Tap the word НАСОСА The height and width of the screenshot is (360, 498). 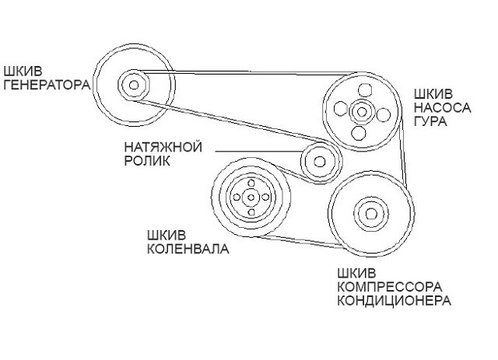point(441,107)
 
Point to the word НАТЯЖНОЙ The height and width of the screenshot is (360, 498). point(163,147)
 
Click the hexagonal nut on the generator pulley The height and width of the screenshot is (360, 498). point(134,82)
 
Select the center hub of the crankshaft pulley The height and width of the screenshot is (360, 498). point(251,197)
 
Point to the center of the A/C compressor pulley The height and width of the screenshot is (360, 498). point(369,211)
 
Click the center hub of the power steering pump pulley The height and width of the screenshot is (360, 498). point(359,113)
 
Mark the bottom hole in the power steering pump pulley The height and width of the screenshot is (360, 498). point(359,133)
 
